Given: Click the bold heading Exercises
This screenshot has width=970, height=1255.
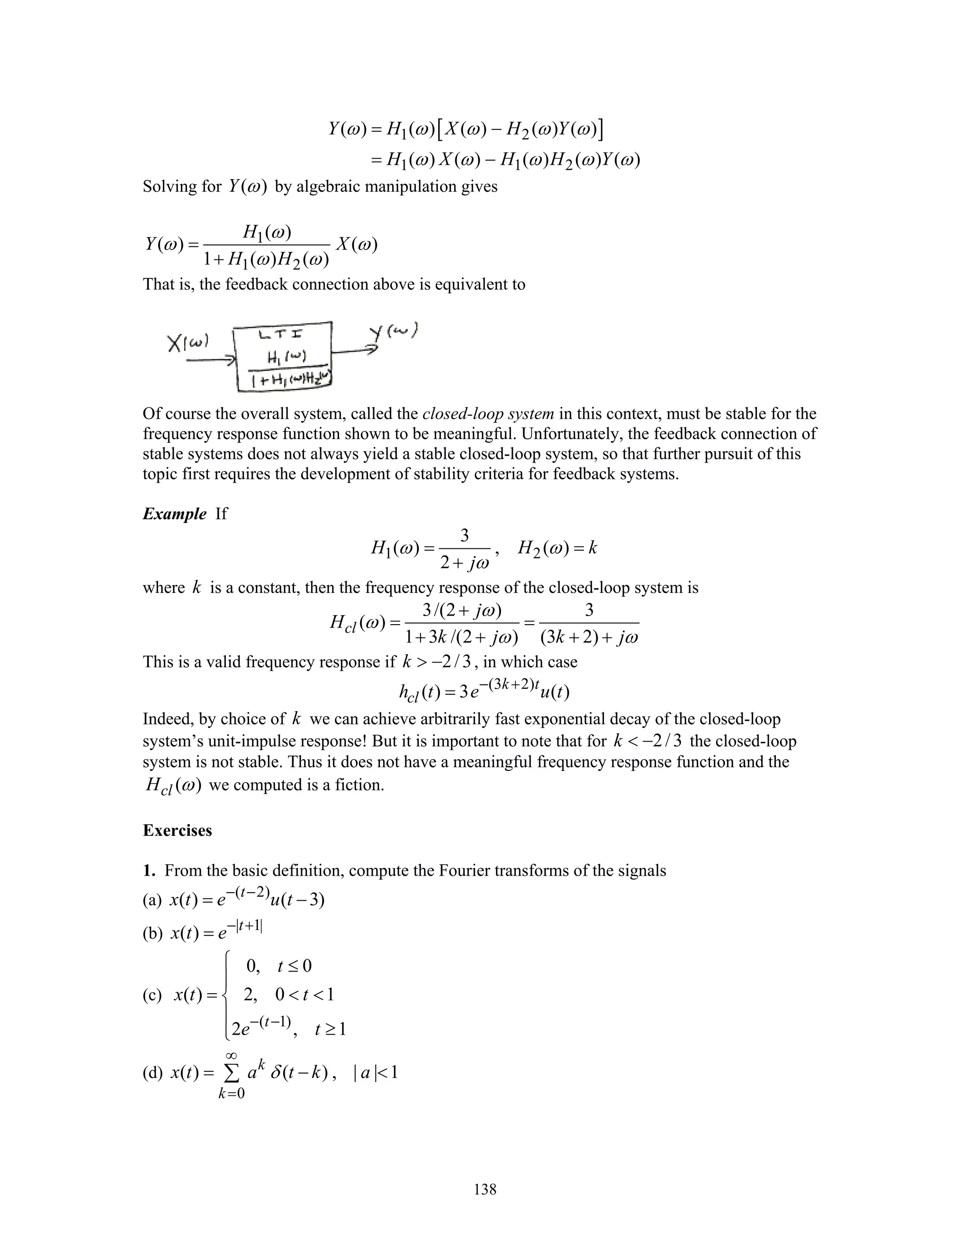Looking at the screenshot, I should click(177, 830).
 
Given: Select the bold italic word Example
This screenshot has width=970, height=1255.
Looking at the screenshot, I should click(174, 513).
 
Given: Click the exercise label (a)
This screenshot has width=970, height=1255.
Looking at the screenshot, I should click(153, 900).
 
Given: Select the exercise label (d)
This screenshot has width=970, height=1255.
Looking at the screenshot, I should click(153, 1073).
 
